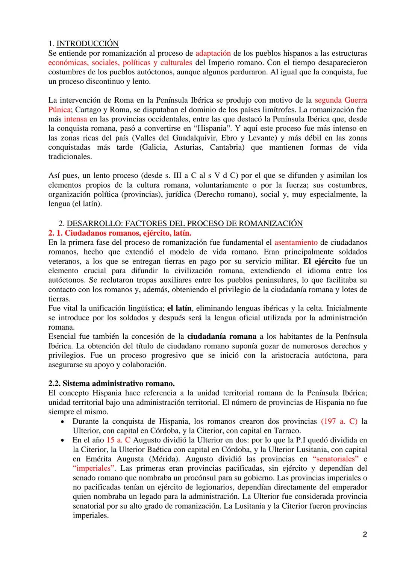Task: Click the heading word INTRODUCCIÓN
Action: (x=87, y=44)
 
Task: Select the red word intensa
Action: (x=75, y=119)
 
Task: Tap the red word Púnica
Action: (x=59, y=110)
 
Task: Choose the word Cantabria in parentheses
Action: (x=226, y=147)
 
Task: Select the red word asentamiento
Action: (x=295, y=242)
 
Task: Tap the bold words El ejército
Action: (x=322, y=261)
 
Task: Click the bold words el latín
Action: (x=179, y=308)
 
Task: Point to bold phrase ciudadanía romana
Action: (x=221, y=336)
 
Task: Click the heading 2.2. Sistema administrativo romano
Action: (x=111, y=384)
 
